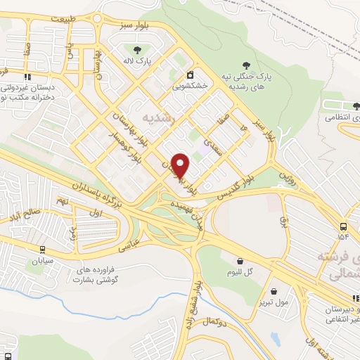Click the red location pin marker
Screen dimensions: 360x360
click(x=181, y=166)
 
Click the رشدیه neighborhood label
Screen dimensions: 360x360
click(x=156, y=114)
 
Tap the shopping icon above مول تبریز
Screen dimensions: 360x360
click(x=274, y=290)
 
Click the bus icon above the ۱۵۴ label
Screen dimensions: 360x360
click(x=342, y=226)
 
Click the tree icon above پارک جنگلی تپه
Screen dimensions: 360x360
click(x=244, y=64)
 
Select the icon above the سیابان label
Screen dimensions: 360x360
click(x=42, y=248)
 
